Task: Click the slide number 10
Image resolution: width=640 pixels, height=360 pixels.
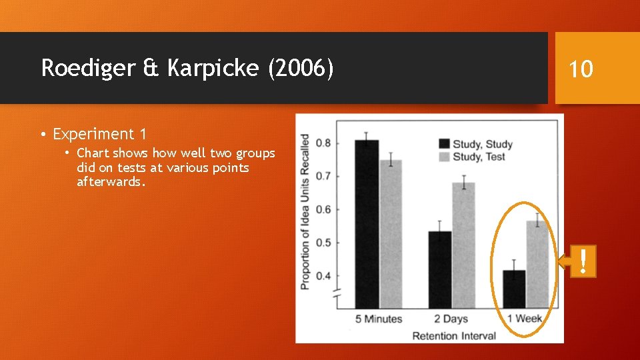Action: pos(581,68)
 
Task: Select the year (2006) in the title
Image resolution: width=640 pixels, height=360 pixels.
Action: pos(300,68)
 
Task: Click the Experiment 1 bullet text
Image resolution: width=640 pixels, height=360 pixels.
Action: pos(99,134)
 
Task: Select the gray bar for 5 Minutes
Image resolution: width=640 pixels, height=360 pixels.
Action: pos(391,233)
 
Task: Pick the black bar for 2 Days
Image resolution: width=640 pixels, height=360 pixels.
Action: pos(439,269)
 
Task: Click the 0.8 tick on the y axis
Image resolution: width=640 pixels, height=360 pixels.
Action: pos(323,143)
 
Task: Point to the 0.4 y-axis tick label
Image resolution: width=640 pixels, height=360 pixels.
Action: pos(323,276)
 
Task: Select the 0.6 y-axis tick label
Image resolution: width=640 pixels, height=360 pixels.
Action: pos(323,210)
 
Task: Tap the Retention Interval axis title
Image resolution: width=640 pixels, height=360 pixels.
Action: pos(454,335)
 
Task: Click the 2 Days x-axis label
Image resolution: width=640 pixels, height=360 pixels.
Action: pos(451,319)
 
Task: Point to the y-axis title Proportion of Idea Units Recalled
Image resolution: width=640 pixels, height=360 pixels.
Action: pos(305,211)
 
